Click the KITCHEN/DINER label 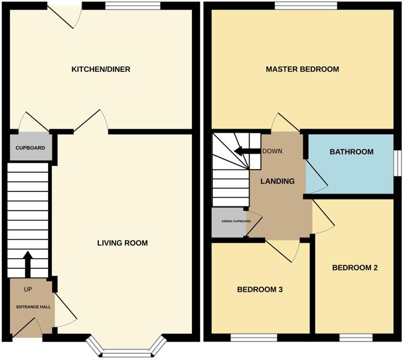(101, 69)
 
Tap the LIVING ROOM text (122, 243)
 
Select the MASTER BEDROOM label (302, 69)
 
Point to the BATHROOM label (351, 152)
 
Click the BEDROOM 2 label (355, 267)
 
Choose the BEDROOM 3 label (260, 289)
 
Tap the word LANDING (278, 181)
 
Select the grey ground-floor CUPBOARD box (30, 148)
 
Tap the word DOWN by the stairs (272, 151)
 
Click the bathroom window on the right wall (396, 163)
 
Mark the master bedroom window (305, 6)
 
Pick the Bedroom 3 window (253, 337)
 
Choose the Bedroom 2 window (355, 337)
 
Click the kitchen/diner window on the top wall (133, 6)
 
